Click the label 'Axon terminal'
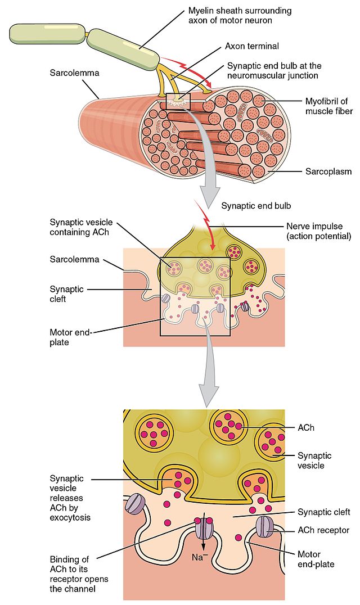(x=251, y=46)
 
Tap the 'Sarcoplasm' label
(x=328, y=171)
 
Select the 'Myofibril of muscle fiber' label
(x=328, y=106)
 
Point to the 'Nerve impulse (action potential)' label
(x=318, y=231)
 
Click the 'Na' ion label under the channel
(x=197, y=557)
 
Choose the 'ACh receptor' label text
(x=323, y=530)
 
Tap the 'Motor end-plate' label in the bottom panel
(x=316, y=559)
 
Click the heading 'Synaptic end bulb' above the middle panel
(x=256, y=206)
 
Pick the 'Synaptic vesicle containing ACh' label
(x=81, y=227)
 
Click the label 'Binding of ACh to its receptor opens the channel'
(x=79, y=574)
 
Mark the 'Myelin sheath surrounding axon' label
(x=240, y=15)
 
